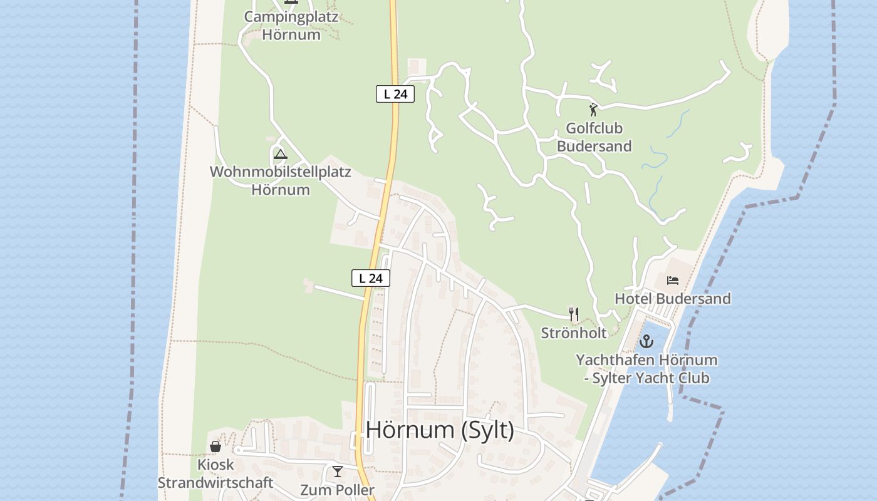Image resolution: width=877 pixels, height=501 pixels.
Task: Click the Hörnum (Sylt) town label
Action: (439, 430)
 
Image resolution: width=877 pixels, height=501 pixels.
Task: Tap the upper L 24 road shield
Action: (395, 95)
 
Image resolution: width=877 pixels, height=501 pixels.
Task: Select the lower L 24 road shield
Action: (371, 278)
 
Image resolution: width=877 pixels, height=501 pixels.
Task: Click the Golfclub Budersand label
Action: (594, 137)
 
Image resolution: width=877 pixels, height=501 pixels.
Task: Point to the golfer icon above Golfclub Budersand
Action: (593, 110)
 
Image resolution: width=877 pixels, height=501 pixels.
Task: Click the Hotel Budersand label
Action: (672, 299)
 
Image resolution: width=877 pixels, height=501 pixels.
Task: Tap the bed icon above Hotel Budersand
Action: (673, 280)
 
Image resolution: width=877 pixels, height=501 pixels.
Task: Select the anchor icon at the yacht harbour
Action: (646, 341)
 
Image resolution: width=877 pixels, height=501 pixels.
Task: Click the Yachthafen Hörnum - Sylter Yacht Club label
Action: (646, 369)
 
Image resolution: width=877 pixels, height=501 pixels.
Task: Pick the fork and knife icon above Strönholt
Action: (573, 314)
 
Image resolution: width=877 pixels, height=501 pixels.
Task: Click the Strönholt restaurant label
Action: (574, 333)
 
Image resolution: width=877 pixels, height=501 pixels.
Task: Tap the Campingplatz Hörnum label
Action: (291, 26)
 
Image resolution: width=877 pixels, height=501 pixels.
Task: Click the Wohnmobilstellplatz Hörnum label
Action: (281, 180)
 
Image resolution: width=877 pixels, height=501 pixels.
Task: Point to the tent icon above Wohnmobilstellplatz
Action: (280, 154)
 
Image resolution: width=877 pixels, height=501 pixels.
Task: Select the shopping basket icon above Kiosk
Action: (215, 447)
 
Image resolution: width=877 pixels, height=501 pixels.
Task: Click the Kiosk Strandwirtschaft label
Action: (215, 473)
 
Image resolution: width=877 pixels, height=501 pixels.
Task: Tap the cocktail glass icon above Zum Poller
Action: (338, 472)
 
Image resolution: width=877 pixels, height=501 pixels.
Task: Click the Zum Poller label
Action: (337, 490)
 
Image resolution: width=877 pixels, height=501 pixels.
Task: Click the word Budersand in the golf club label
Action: (594, 147)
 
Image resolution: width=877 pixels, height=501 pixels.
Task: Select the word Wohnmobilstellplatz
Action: (281, 172)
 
